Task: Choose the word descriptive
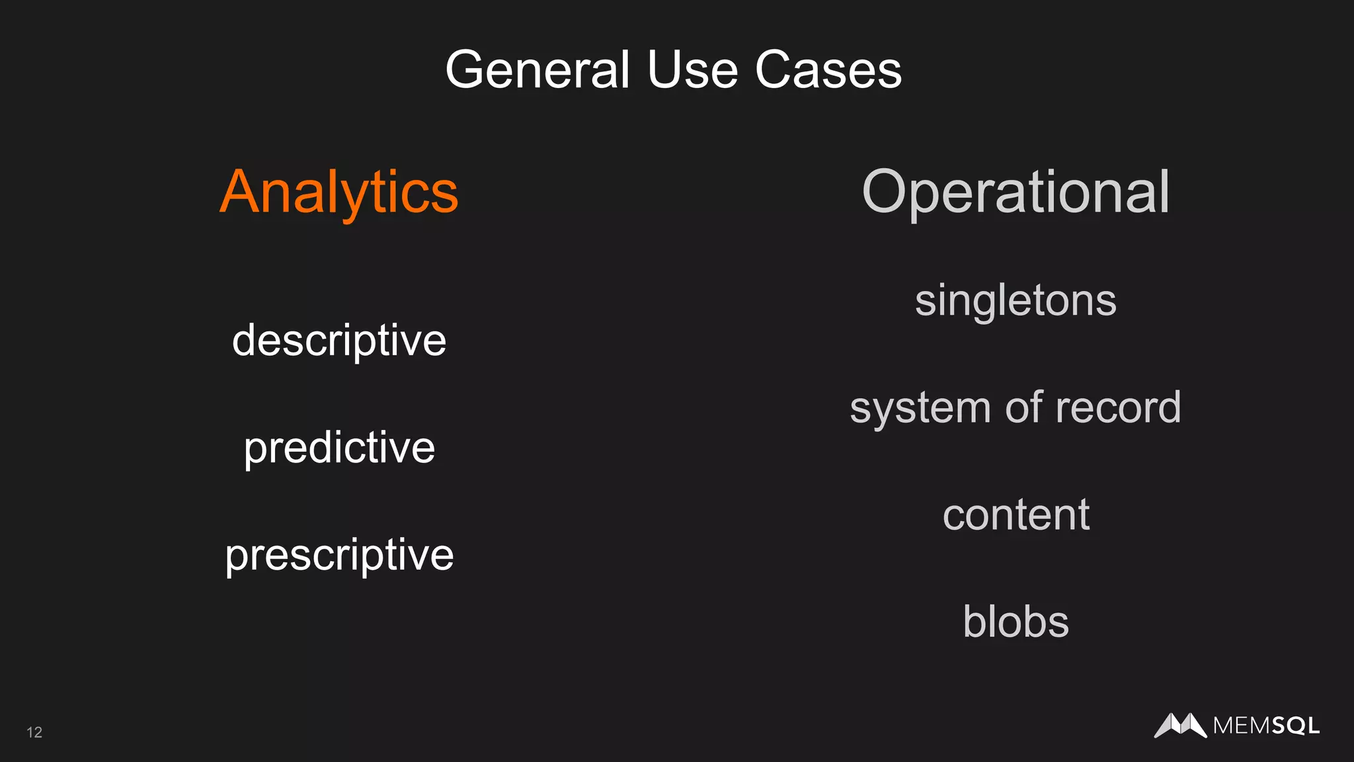pos(339,341)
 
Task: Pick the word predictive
pos(339,448)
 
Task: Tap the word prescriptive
pos(339,555)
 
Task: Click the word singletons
pos(1015,300)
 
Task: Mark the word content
pos(1015,515)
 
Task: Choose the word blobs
pos(1015,622)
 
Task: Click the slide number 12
pos(34,732)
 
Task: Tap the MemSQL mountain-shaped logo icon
pos(1180,725)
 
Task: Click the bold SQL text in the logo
pos(1295,726)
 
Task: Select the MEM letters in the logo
pos(1242,726)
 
